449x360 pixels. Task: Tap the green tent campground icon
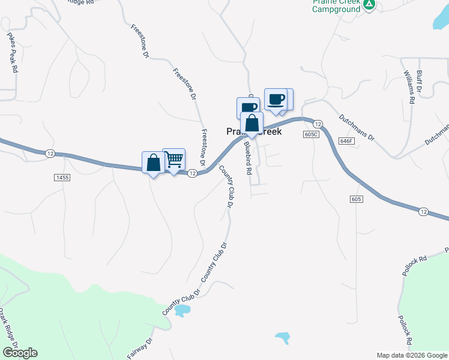point(369,5)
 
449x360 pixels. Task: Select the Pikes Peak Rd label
point(13,52)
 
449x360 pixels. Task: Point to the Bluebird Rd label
point(247,158)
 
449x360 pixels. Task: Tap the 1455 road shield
point(62,178)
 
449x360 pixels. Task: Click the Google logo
point(20,353)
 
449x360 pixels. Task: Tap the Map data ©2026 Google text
point(412,355)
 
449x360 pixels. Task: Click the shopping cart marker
point(174,160)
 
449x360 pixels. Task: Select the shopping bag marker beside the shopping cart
point(153,163)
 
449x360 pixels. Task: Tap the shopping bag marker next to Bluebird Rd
point(252,124)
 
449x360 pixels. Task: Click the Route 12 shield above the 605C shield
point(318,124)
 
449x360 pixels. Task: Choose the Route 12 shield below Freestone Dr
point(192,173)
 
